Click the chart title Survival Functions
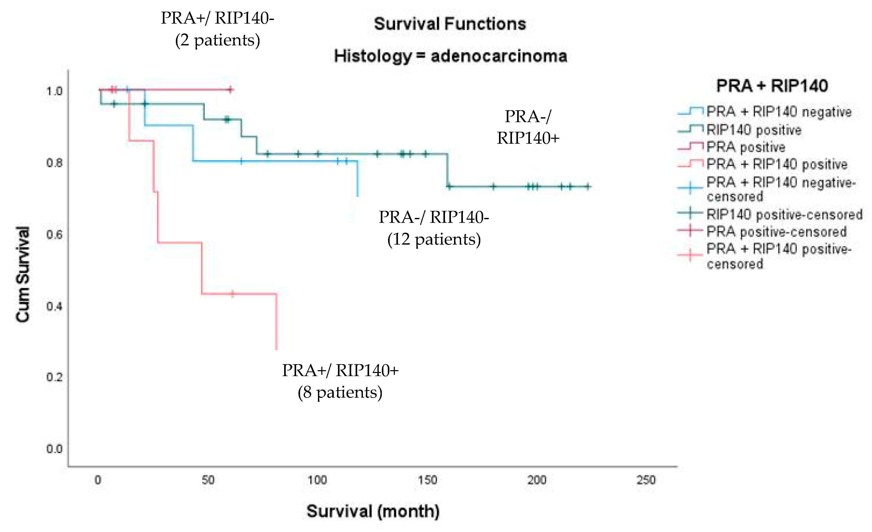click(x=450, y=24)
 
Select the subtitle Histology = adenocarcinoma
click(x=450, y=56)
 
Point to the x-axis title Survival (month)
click(x=373, y=511)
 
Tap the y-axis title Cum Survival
click(x=23, y=274)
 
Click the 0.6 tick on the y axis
click(x=55, y=234)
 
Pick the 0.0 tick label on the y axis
click(x=55, y=449)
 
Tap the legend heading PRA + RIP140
click(x=772, y=86)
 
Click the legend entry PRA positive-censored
click(x=776, y=232)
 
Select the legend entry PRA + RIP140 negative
click(x=779, y=112)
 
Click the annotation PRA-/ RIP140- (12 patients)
click(x=434, y=228)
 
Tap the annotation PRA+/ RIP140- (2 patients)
click(x=217, y=29)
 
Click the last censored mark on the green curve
click(x=588, y=186)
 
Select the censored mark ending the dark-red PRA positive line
click(x=230, y=89)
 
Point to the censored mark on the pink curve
click(x=232, y=293)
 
